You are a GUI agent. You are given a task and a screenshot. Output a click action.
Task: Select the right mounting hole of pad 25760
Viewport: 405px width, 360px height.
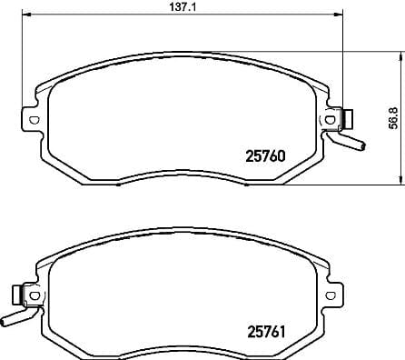[329, 118]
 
